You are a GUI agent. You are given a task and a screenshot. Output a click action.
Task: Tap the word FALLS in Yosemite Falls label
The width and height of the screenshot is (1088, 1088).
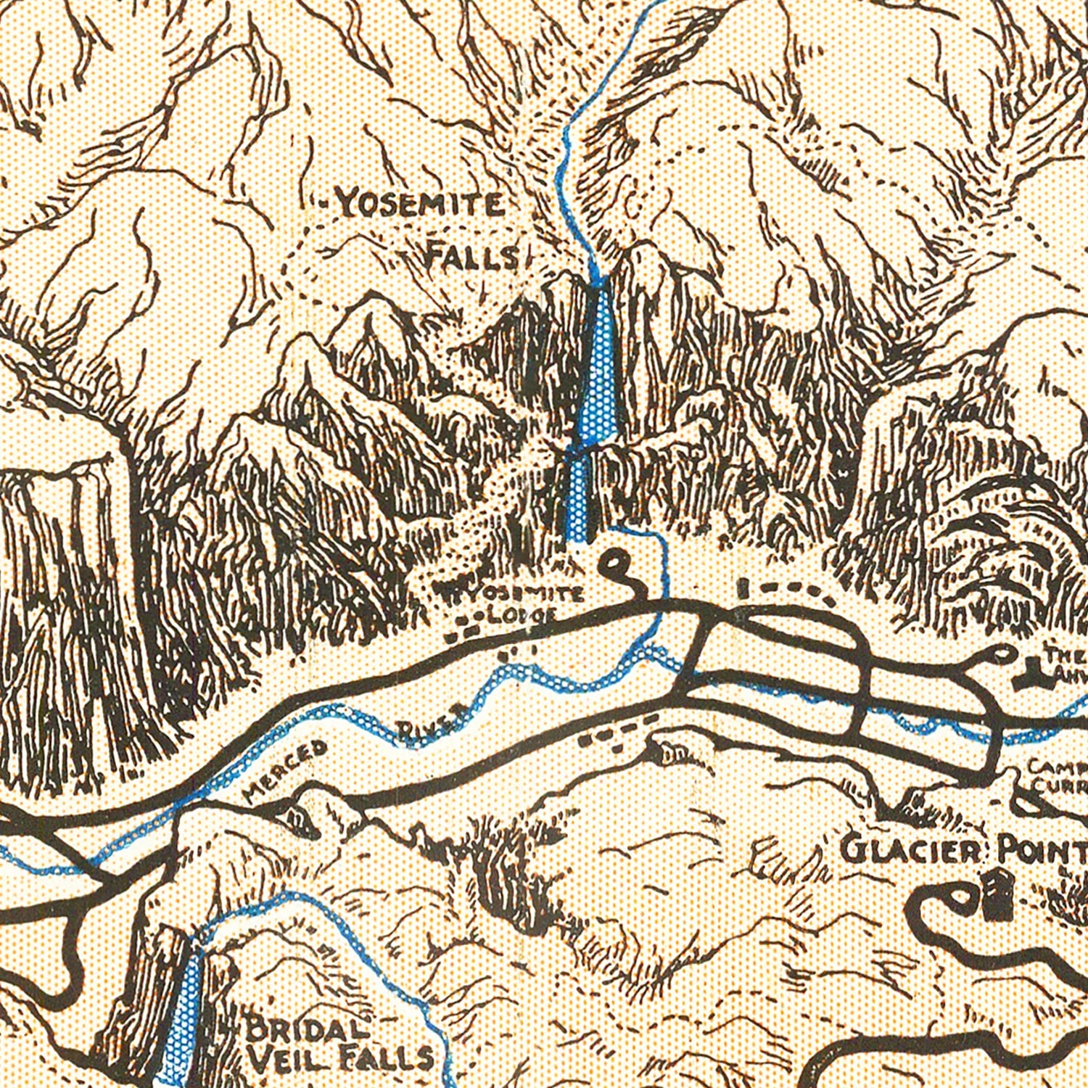tap(472, 255)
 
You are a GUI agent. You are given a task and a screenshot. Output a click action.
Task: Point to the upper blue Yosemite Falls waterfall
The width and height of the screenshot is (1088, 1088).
tap(599, 363)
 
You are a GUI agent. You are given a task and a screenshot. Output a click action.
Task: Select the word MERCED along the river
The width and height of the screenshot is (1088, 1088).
tap(287, 771)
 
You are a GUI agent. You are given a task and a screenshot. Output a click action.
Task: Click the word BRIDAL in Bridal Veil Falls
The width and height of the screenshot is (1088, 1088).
tap(304, 1029)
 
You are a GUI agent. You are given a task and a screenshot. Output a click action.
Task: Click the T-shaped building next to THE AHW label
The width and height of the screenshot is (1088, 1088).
tap(1034, 680)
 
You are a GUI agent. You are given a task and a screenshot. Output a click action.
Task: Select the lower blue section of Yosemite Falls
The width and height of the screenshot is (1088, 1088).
tap(578, 493)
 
